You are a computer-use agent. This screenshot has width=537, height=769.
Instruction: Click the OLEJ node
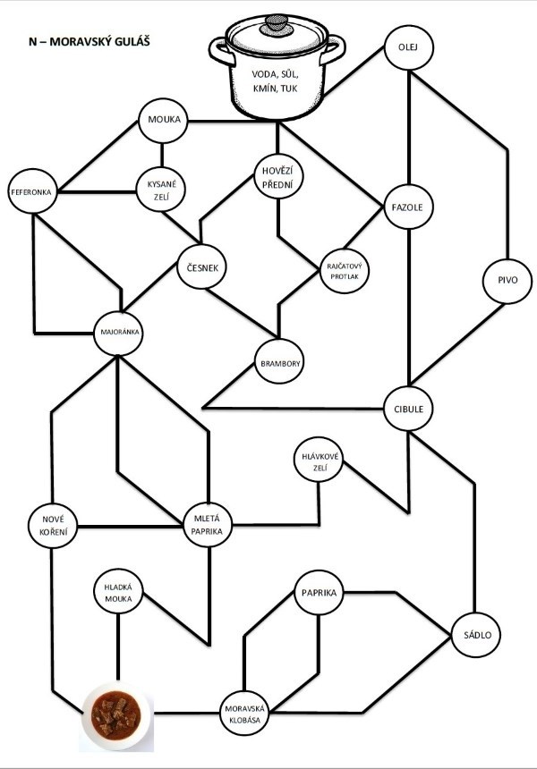point(408,46)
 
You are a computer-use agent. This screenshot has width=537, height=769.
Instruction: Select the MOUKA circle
point(164,121)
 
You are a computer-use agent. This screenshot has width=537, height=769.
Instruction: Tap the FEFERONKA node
point(32,192)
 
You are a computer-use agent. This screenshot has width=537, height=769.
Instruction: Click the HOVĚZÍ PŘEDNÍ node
point(276,175)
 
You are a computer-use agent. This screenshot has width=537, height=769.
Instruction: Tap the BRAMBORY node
point(280,364)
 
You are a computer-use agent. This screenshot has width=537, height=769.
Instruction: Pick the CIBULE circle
point(408,409)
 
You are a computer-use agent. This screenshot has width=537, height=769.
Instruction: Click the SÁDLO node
point(473,635)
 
